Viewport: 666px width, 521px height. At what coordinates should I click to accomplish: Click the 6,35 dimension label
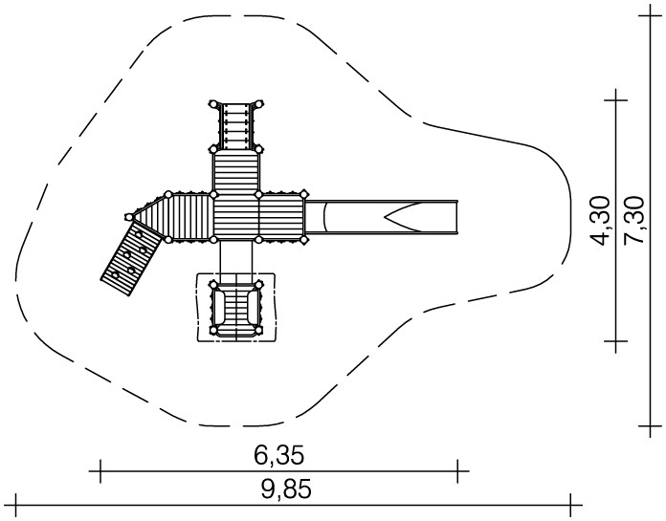(279, 455)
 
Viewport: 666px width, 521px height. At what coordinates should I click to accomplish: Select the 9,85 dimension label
(286, 489)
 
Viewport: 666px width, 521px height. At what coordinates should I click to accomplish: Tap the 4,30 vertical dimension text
(600, 221)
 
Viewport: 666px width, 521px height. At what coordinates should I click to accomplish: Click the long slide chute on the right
(382, 217)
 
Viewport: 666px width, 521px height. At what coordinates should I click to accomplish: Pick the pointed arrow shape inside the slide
(405, 217)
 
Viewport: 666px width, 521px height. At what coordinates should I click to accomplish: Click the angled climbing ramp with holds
(132, 258)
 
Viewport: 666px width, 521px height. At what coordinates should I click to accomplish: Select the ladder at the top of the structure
(236, 125)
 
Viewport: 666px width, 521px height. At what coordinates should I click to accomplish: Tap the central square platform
(236, 217)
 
